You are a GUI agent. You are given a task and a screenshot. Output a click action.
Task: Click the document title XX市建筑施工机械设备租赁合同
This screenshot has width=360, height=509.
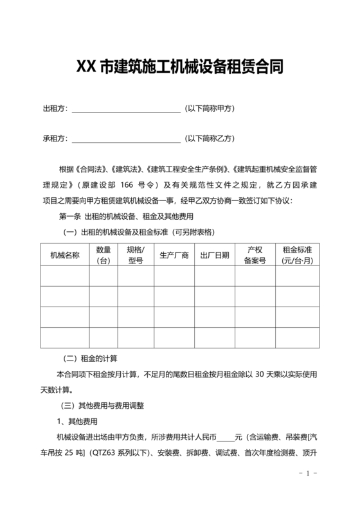click(x=180, y=66)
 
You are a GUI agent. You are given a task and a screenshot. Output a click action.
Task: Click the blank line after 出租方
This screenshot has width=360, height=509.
click(x=126, y=109)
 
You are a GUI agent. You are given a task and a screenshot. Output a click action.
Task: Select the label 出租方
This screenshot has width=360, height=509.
click(x=55, y=109)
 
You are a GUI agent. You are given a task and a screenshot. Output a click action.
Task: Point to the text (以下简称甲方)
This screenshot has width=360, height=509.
click(x=210, y=109)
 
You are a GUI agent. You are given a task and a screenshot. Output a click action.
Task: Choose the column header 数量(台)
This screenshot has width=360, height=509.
click(x=104, y=255)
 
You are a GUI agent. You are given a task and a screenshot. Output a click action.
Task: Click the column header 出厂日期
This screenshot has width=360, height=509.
click(x=215, y=255)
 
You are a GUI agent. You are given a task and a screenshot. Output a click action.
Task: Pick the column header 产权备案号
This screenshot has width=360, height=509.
click(x=255, y=255)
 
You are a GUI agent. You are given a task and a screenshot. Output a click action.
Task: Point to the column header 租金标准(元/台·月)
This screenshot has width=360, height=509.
click(x=297, y=255)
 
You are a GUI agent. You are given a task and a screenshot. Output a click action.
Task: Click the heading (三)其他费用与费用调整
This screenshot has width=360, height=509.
click(x=102, y=406)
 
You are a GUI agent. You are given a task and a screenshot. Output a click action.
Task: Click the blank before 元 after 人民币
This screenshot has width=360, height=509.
click(x=225, y=438)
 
